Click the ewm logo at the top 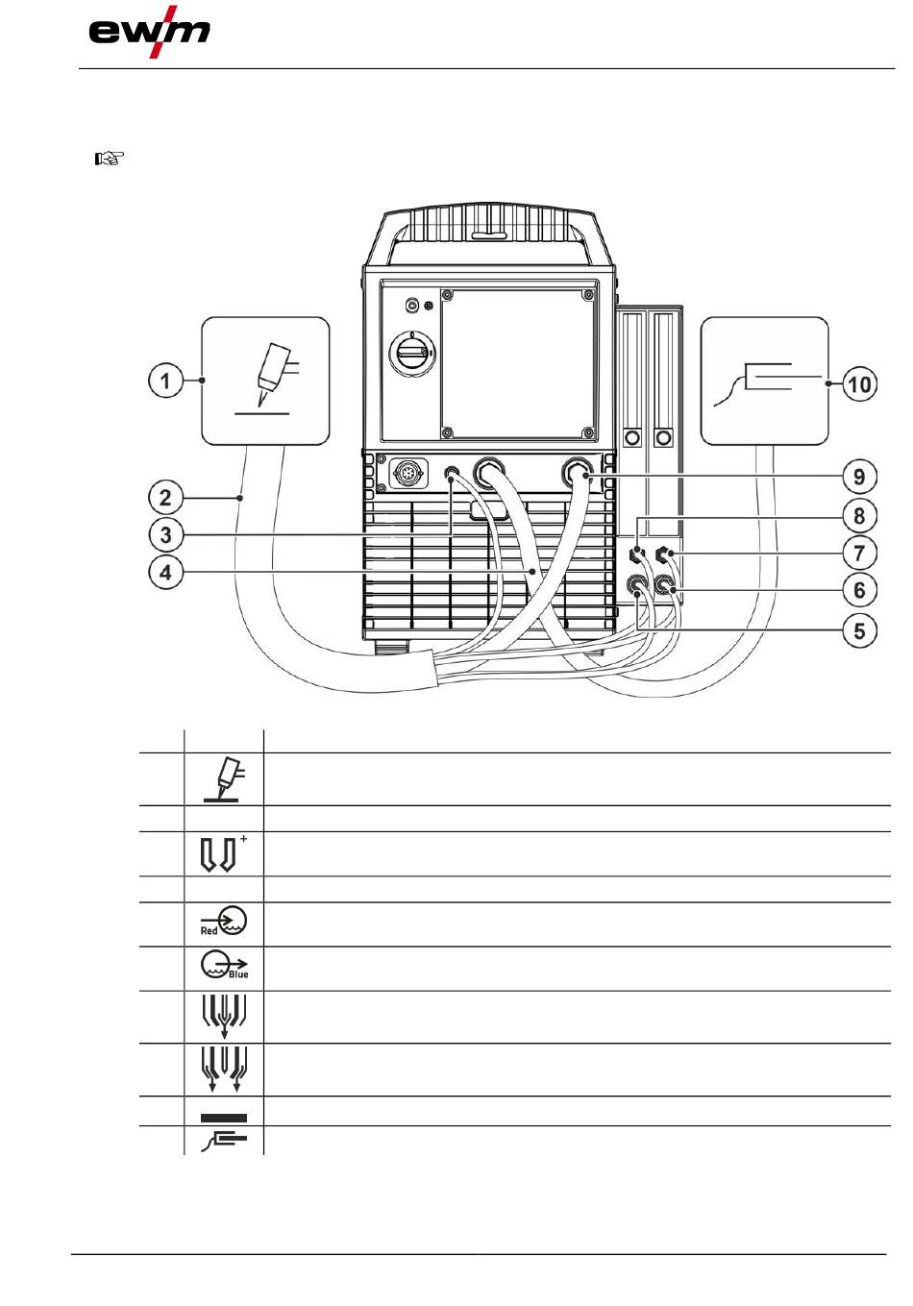[149, 34]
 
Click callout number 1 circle [166, 382]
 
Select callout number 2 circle [166, 498]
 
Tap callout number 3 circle [166, 535]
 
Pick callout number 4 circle [166, 574]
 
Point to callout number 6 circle [859, 590]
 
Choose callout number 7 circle [859, 553]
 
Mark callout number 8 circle [859, 516]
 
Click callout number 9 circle [859, 477]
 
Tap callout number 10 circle [859, 385]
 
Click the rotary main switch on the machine [412, 355]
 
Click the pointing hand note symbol [108, 159]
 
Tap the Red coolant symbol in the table [223, 922]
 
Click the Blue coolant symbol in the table [224, 967]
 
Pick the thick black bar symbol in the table [224, 1118]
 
